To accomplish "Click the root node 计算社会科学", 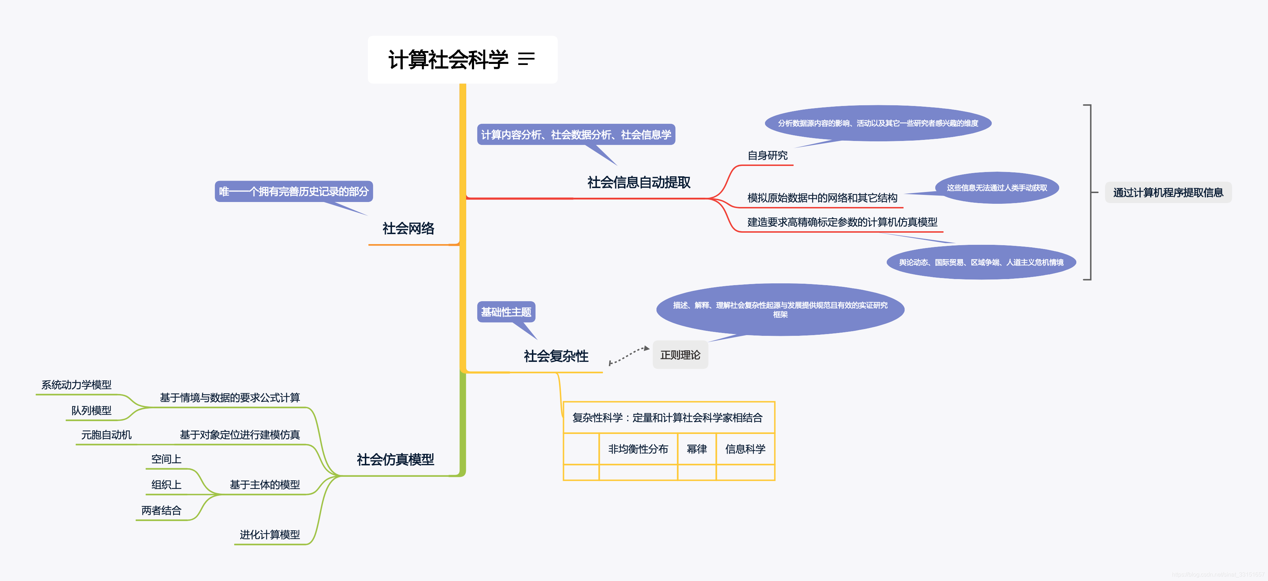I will [x=448, y=60].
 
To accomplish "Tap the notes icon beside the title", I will [x=526, y=60].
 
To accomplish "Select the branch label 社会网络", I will [x=408, y=228].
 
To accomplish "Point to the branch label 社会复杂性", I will [x=556, y=356].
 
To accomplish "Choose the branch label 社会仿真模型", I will [x=395, y=460].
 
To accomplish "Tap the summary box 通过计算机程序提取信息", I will [x=1168, y=193].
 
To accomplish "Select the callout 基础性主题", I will [x=506, y=312].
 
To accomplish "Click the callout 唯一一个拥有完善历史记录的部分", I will [x=293, y=191].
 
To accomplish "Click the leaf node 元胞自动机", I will [x=106, y=435].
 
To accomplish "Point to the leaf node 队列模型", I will [x=91, y=410].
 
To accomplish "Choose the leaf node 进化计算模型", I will [x=270, y=535].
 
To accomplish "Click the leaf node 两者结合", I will [x=161, y=511].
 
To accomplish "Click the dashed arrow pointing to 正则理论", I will [x=629, y=355].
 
